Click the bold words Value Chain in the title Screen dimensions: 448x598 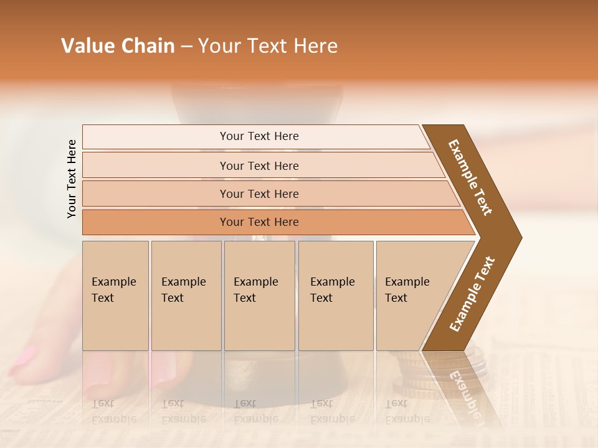(118, 46)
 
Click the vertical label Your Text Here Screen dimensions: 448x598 (72, 179)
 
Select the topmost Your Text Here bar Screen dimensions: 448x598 (259, 136)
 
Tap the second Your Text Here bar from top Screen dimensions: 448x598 (259, 166)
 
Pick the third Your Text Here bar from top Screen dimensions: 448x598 (259, 194)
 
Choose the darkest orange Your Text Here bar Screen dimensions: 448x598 (259, 222)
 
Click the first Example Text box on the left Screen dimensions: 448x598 (115, 296)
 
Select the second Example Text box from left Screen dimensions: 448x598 (186, 296)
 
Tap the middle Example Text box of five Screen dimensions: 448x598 (259, 296)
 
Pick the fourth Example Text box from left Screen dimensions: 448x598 (336, 296)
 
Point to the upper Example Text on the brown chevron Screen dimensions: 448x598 (470, 177)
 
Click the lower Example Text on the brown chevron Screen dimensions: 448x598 (472, 294)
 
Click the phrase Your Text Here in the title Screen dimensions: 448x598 (268, 46)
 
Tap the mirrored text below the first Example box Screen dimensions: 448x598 (113, 411)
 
